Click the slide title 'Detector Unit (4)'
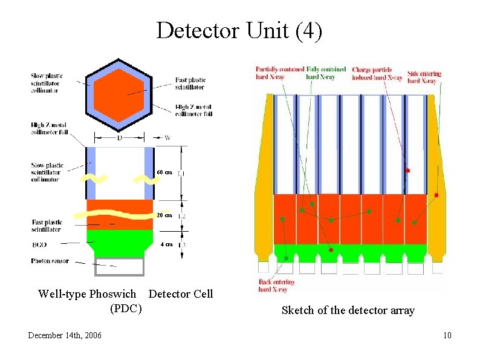click(x=239, y=30)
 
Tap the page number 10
click(x=447, y=336)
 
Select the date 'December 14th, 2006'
click(x=65, y=336)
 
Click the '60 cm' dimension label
click(x=164, y=173)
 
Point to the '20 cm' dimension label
click(x=164, y=215)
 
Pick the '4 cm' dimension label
click(x=166, y=244)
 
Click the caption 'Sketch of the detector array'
click(x=348, y=310)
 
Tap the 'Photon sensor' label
click(x=50, y=261)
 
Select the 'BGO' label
click(x=39, y=244)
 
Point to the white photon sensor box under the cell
click(x=120, y=267)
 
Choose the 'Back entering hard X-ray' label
click(x=276, y=286)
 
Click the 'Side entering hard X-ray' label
click(x=424, y=77)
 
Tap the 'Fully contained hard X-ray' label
click(x=326, y=73)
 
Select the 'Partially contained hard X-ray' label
click(x=280, y=73)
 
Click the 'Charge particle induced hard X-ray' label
click(x=377, y=73)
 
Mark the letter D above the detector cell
click(x=120, y=139)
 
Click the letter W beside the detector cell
click(x=167, y=139)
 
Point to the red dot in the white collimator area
click(x=407, y=171)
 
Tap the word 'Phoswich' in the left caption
click(x=112, y=294)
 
